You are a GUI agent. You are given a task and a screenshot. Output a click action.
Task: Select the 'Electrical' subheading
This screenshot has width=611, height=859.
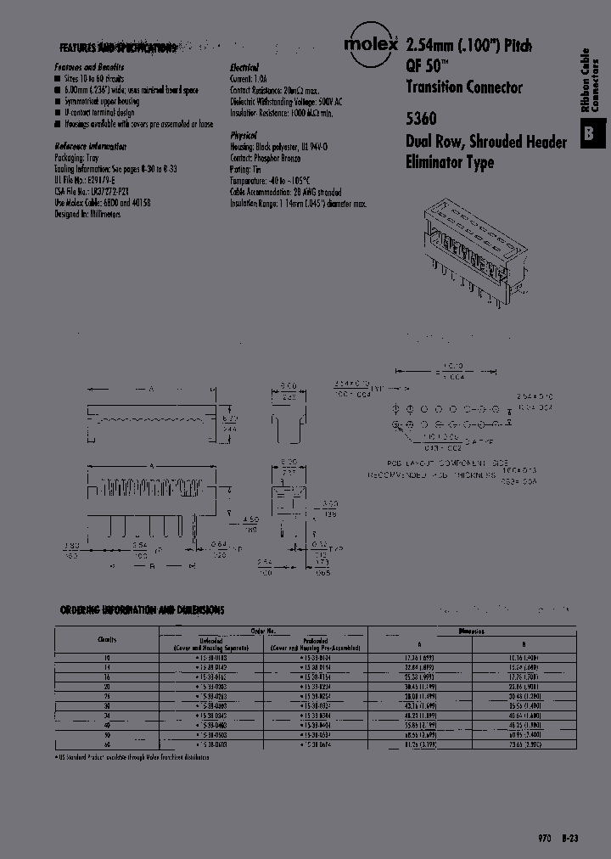tap(244, 67)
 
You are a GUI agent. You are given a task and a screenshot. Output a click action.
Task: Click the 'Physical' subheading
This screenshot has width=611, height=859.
tap(243, 135)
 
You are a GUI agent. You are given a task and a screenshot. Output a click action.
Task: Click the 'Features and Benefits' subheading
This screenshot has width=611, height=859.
tap(89, 67)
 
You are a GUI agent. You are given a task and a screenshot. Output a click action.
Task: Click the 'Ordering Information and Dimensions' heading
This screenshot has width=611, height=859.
tap(143, 610)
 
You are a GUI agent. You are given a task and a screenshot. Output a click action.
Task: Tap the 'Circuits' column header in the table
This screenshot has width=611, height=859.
tap(106, 638)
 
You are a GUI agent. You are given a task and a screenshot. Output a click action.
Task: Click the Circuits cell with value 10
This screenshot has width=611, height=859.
tap(106, 657)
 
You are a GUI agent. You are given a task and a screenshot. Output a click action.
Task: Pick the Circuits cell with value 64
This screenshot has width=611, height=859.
tap(106, 744)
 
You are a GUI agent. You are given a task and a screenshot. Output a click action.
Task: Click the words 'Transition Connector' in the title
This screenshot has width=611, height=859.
tap(463, 87)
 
